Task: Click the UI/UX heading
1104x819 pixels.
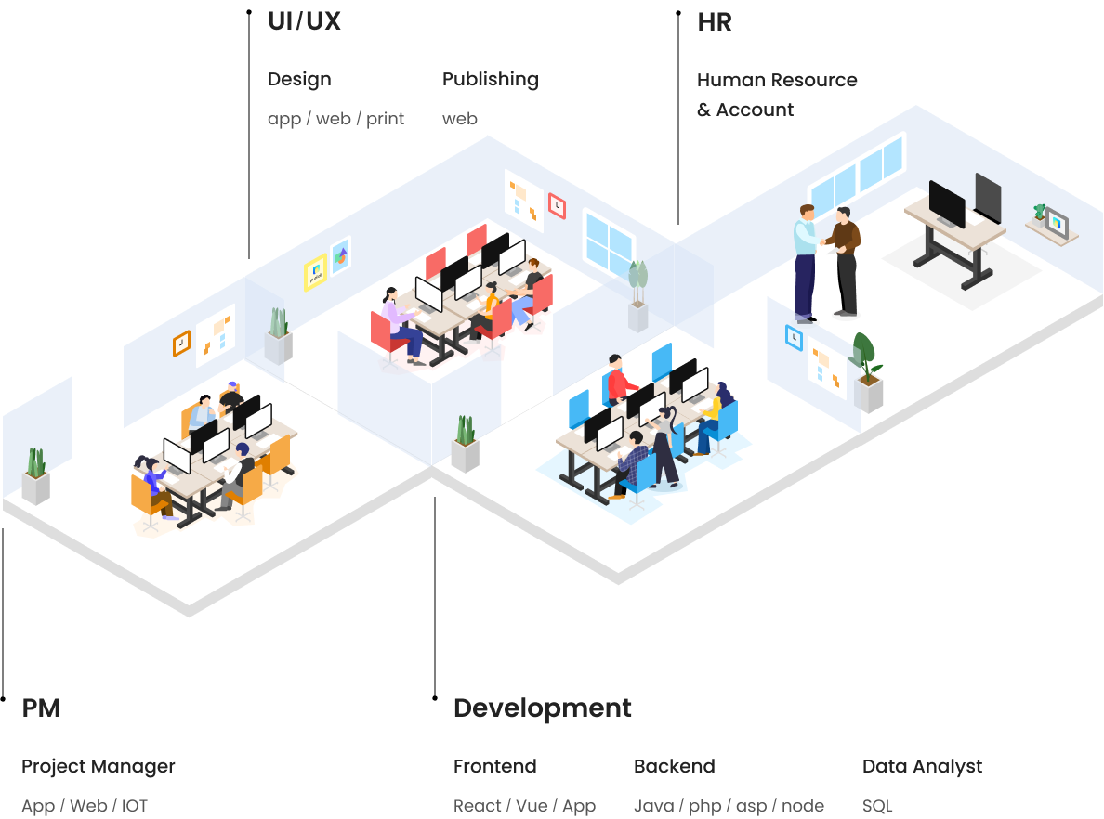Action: click(x=304, y=21)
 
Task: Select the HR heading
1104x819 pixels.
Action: click(x=715, y=22)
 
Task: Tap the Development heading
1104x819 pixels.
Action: click(x=542, y=708)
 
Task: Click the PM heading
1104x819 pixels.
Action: click(x=41, y=708)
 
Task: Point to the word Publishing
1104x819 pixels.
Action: click(x=491, y=80)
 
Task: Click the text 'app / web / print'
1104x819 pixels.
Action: click(x=335, y=119)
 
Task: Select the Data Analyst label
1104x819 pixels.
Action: click(x=923, y=766)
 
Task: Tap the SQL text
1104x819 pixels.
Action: click(x=877, y=806)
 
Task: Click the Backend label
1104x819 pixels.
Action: click(x=675, y=766)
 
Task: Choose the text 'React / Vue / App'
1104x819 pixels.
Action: click(x=524, y=806)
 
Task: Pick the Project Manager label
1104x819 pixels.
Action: click(x=99, y=766)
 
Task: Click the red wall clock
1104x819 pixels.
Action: click(x=557, y=205)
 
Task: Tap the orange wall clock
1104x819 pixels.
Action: click(x=181, y=344)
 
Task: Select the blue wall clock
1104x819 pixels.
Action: click(x=795, y=338)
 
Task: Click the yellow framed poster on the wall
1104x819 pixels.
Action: click(x=315, y=272)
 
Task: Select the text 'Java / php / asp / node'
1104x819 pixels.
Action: click(x=729, y=806)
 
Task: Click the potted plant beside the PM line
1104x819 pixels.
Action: click(x=36, y=476)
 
